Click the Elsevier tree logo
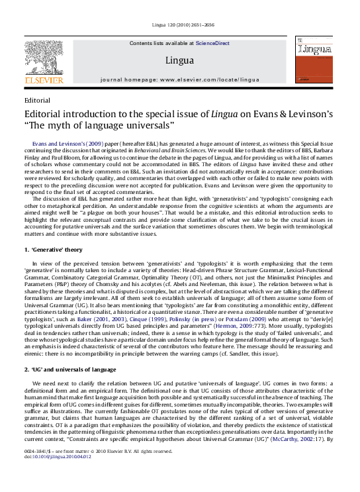pyautogui.click(x=44, y=55)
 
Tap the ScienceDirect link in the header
pyautogui.click(x=212, y=43)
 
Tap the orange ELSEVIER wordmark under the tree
pyautogui.click(x=44, y=80)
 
